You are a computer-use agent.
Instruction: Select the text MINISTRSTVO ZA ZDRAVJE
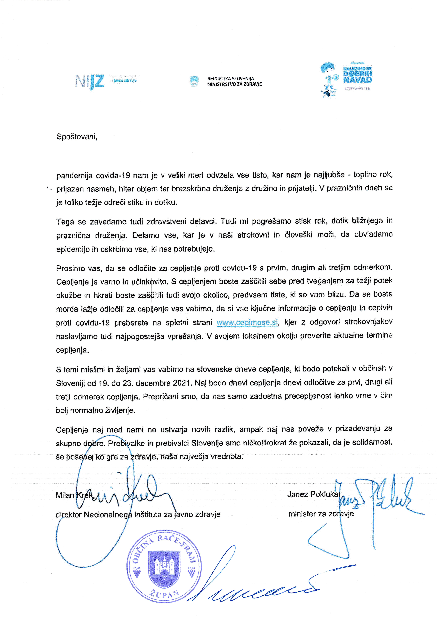234,84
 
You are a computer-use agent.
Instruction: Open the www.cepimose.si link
247,322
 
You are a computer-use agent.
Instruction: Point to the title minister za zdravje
321,514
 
